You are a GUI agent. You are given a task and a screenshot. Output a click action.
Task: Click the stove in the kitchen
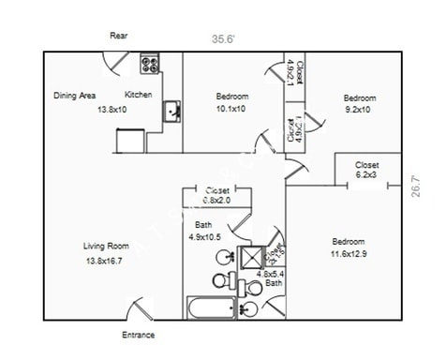click(150, 64)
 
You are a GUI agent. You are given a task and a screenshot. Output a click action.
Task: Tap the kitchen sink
click(173, 112)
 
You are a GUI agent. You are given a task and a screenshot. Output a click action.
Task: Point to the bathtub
click(214, 307)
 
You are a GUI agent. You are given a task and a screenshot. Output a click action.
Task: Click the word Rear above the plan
click(119, 36)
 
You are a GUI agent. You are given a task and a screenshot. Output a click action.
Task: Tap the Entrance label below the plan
click(139, 335)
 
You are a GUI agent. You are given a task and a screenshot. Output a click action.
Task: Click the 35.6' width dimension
click(223, 39)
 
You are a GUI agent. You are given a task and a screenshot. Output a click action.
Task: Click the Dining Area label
click(75, 95)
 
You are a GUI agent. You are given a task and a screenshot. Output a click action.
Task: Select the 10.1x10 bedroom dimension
click(231, 109)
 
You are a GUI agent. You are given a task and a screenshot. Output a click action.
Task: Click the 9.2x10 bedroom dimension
click(359, 110)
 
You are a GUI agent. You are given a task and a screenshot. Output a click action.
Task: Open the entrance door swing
click(138, 309)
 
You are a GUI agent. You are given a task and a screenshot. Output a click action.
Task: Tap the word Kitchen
click(139, 95)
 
